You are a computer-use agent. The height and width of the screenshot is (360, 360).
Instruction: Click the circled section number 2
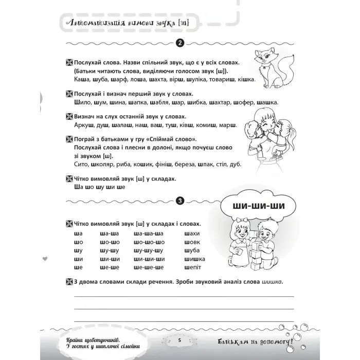(179, 43)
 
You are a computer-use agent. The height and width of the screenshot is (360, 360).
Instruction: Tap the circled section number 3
(179, 201)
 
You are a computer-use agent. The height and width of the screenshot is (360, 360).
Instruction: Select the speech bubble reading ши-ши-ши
(252, 207)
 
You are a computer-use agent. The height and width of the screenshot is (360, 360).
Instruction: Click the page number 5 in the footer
(179, 341)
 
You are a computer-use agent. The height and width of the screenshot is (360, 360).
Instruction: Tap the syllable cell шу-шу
(107, 250)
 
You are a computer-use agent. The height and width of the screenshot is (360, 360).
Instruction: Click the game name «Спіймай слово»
(172, 139)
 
